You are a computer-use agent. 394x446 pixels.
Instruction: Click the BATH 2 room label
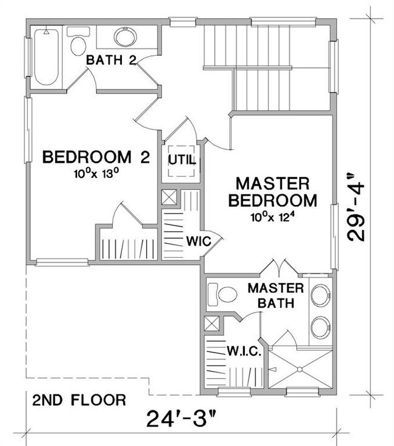pos(111,60)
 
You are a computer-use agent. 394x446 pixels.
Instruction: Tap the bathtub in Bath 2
pos(47,57)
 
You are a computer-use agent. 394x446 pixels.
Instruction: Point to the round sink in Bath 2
pos(125,37)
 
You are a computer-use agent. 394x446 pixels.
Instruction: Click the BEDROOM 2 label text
pos(96,157)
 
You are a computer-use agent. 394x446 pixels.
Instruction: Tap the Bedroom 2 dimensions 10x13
pos(96,173)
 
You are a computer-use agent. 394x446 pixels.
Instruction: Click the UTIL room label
pos(182,160)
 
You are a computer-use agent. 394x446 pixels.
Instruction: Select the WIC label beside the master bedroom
pos(199,242)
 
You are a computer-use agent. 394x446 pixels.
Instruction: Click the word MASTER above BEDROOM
pos(273,183)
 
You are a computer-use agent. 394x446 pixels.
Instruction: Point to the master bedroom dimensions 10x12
pos(272,218)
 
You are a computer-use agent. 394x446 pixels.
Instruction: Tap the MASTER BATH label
pos(276,296)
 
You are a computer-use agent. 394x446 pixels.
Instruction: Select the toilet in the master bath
pos(222,294)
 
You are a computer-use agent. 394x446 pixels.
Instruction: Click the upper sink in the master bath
pos(321,295)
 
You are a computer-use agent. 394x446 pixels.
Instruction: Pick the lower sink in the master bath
pos(321,328)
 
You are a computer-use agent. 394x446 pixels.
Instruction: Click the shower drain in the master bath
pos(299,369)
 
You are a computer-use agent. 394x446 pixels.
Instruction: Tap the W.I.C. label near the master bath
pos(244,351)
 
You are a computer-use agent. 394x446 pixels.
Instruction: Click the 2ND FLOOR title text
pos(79,400)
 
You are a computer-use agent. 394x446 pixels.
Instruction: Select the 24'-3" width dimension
pos(182,419)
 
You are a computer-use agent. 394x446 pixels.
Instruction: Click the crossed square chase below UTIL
pos(169,197)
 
